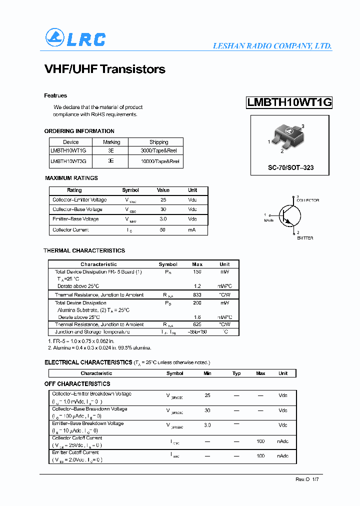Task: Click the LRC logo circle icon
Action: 55,38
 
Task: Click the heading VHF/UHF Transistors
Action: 104,69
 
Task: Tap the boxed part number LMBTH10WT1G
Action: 289,102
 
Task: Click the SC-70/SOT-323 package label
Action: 290,167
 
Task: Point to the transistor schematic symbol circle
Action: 290,215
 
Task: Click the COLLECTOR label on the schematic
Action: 307,200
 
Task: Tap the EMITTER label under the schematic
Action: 305,238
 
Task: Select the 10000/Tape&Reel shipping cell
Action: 160,161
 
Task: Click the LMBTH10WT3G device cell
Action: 68,161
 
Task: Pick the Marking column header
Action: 111,142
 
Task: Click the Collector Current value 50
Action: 162,230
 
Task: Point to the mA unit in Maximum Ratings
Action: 192,230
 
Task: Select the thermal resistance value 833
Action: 197,295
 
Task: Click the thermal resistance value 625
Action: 197,324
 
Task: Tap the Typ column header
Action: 236,373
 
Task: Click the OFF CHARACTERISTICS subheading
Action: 77,384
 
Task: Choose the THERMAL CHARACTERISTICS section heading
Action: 84,250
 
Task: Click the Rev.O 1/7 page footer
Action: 306,479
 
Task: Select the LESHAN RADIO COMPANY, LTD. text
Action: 272,46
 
